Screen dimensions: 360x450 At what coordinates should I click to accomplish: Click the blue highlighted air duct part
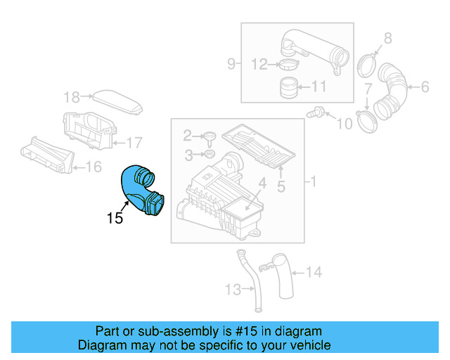click(x=141, y=188)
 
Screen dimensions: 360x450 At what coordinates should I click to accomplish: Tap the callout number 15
click(x=115, y=218)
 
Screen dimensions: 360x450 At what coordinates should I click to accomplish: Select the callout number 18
click(x=72, y=97)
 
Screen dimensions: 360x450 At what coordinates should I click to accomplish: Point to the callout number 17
click(x=134, y=142)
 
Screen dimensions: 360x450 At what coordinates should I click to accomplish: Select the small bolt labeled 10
click(x=318, y=111)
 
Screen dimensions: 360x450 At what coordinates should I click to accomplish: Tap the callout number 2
click(x=188, y=134)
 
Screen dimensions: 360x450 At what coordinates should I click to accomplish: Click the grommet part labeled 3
click(x=209, y=153)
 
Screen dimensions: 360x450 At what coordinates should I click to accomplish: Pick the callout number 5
click(x=281, y=187)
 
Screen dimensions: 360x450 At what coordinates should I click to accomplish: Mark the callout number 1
click(x=314, y=181)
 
